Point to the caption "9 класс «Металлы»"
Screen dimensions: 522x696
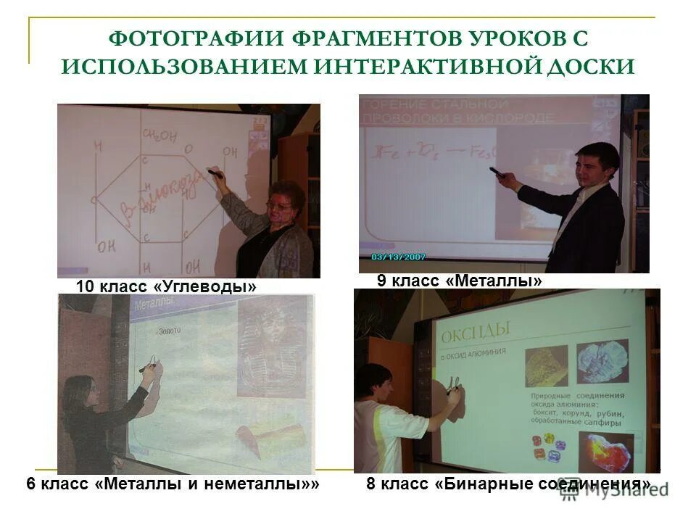coord(459,280)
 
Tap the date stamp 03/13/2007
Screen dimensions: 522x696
coord(398,257)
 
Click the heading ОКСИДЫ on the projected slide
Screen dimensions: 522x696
coord(476,329)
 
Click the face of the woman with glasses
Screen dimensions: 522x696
coord(280,206)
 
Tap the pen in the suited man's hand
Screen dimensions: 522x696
coord(497,173)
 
